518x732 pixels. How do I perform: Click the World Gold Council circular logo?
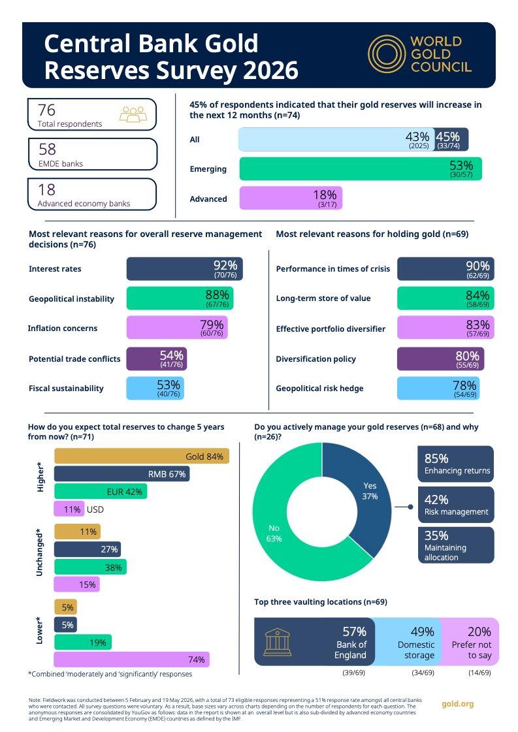386,54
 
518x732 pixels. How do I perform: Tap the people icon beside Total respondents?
133,114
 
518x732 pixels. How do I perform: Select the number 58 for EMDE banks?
47,150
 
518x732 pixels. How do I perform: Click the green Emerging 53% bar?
361,169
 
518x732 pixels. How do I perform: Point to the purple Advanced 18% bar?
291,198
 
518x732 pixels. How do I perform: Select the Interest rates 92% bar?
184,269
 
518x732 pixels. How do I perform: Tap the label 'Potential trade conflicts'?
74,359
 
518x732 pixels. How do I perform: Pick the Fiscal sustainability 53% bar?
155,389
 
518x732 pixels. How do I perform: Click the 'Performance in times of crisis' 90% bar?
445,269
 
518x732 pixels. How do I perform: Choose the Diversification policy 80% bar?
440,359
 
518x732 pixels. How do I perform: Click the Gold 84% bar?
142,456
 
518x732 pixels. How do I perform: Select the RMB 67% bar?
122,474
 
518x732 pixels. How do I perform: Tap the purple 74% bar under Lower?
132,660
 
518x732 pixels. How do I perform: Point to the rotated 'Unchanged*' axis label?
40,552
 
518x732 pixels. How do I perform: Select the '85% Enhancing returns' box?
455,464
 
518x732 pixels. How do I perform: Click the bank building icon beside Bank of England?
278,642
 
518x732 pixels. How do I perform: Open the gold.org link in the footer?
457,703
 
